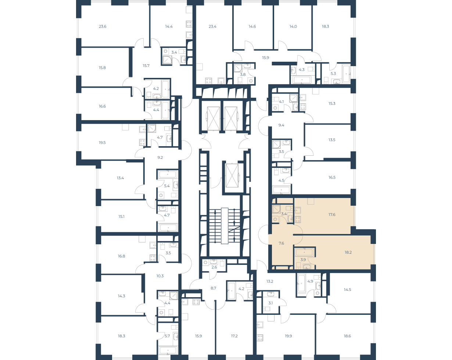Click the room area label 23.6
tap(103, 26)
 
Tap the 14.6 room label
tap(252, 26)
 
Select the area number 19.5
tap(102, 143)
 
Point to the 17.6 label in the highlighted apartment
tap(332, 215)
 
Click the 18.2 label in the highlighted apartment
tap(348, 252)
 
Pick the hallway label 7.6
tap(281, 243)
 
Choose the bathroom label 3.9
tap(303, 260)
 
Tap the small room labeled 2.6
tap(214, 267)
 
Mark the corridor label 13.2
tap(270, 281)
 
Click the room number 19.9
tap(288, 336)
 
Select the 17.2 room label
tap(234, 336)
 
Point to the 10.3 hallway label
tap(160, 276)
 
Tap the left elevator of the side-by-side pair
tap(214, 118)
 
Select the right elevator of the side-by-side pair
tap(231, 118)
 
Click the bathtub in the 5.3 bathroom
tap(346, 74)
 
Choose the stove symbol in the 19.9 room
tap(260, 338)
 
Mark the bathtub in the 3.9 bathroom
tap(304, 252)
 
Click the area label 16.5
tap(332, 177)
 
